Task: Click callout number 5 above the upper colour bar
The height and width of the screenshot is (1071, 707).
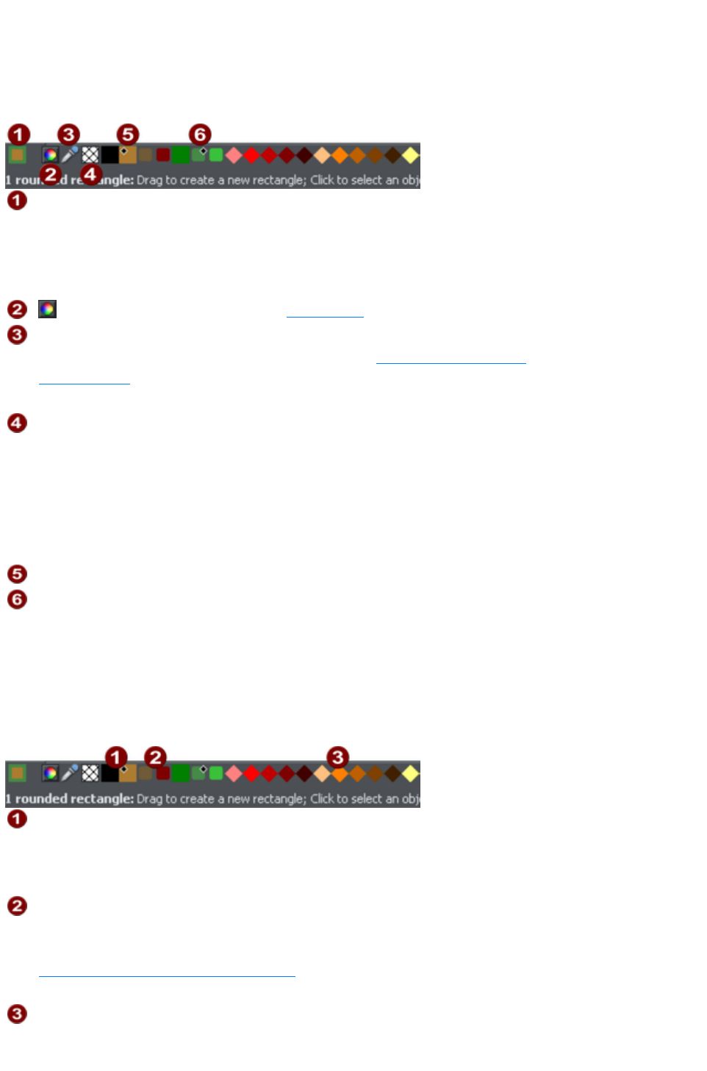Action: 128,135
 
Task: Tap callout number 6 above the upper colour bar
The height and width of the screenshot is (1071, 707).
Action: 200,135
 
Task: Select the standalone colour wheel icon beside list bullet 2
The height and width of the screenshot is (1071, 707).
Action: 47,309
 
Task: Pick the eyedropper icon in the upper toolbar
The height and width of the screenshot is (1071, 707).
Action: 70,154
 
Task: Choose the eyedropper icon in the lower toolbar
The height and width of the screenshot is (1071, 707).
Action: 70,773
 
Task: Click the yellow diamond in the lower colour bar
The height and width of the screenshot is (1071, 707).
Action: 410,773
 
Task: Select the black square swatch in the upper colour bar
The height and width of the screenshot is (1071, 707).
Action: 110,155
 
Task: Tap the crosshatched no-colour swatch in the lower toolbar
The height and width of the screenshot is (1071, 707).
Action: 90,773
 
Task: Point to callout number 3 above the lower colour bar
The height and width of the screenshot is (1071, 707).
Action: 337,757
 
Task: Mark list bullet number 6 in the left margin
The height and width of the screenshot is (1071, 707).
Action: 17,600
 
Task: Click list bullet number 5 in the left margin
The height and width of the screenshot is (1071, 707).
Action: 17,574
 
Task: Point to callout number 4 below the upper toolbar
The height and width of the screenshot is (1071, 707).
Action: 90,175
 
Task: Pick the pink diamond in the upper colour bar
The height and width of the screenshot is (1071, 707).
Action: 234,155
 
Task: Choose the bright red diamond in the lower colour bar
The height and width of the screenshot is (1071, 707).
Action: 251,773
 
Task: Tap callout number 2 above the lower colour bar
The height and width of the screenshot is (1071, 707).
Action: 155,757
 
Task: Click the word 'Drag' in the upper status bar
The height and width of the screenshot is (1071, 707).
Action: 149,180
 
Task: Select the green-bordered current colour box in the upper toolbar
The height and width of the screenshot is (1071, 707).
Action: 17,154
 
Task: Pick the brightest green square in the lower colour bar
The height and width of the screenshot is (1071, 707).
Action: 216,773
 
